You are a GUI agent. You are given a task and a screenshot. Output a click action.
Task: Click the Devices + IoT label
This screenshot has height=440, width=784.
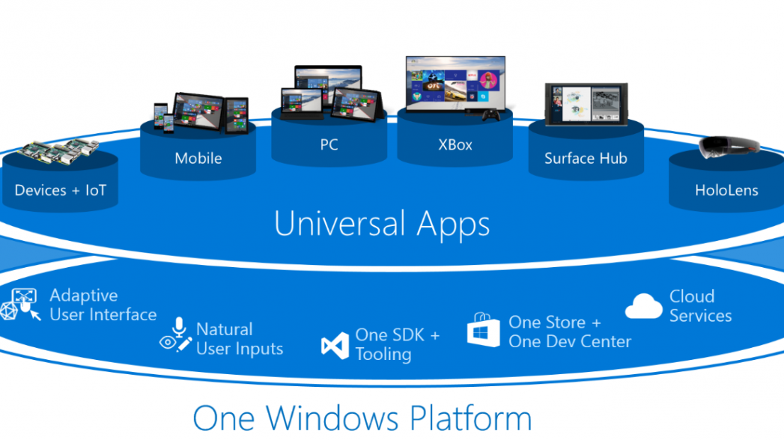coord(60,190)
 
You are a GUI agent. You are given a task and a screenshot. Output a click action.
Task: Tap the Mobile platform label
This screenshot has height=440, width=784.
coord(198,158)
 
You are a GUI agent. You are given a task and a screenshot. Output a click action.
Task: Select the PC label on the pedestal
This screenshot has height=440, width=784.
coord(329,144)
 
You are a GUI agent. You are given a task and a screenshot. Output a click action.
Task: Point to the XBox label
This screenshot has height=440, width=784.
coord(455,144)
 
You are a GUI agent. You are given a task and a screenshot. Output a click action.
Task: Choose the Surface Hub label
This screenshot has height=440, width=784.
coord(586,158)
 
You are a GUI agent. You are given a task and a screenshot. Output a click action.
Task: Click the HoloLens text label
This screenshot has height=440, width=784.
coord(726,190)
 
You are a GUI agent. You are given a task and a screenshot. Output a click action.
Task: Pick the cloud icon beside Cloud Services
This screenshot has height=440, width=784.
coord(643,306)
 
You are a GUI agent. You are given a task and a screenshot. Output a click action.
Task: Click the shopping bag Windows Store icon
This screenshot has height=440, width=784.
coord(483,330)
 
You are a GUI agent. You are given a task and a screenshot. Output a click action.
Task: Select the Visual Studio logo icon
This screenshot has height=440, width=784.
coord(335,346)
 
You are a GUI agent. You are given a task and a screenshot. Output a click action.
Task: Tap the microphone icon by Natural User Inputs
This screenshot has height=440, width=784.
coord(177,328)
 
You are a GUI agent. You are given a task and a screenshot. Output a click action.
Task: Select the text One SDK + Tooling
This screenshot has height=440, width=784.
coord(398,344)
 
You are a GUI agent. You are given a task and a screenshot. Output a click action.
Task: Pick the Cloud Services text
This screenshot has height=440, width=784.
coord(700,306)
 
